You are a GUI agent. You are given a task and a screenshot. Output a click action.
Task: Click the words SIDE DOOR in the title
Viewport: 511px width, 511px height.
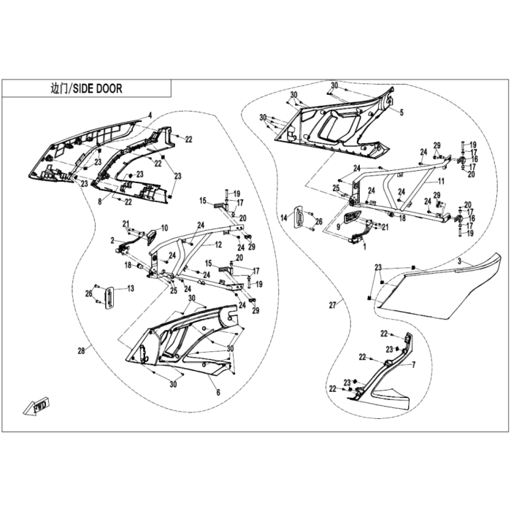click(x=97, y=88)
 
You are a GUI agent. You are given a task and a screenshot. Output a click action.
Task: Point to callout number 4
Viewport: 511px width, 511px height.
click(x=150, y=115)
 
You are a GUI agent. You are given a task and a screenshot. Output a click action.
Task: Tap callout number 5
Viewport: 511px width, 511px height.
click(x=401, y=112)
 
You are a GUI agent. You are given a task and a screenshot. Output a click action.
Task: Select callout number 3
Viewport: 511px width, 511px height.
click(x=459, y=261)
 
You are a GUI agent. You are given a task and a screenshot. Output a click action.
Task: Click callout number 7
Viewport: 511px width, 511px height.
click(x=414, y=365)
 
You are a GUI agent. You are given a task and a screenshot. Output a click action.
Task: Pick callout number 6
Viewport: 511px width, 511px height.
click(x=218, y=393)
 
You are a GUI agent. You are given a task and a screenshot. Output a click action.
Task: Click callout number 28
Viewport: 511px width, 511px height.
click(x=81, y=350)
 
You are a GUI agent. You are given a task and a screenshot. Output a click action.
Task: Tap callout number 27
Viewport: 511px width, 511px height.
click(x=332, y=305)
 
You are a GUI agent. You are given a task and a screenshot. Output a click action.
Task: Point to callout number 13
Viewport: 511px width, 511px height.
click(x=131, y=288)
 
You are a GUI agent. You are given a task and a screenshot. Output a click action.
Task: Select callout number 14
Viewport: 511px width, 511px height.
click(x=284, y=218)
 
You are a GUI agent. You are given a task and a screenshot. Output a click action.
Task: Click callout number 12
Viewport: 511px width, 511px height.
click(x=218, y=245)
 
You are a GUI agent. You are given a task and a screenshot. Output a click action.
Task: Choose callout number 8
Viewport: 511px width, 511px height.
click(x=100, y=201)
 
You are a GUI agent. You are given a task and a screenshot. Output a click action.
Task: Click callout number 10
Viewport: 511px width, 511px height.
click(x=164, y=228)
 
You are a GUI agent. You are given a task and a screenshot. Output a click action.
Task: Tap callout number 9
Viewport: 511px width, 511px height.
click(x=338, y=226)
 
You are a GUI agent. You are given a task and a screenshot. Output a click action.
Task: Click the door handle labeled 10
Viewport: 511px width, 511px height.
click(x=151, y=237)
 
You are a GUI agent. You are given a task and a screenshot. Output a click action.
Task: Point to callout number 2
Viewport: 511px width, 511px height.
click(x=112, y=240)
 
